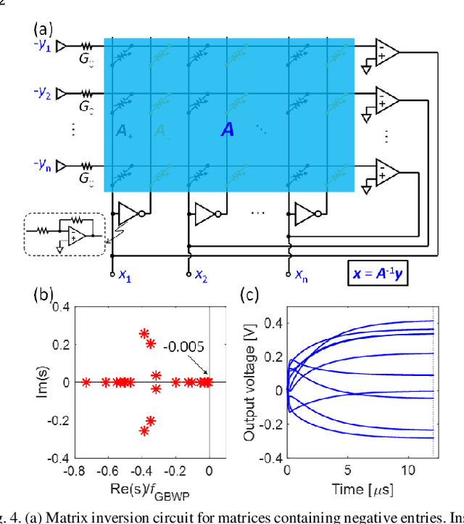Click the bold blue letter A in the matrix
[227, 131]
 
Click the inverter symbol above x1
[130, 213]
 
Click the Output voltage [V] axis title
[249, 382]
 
